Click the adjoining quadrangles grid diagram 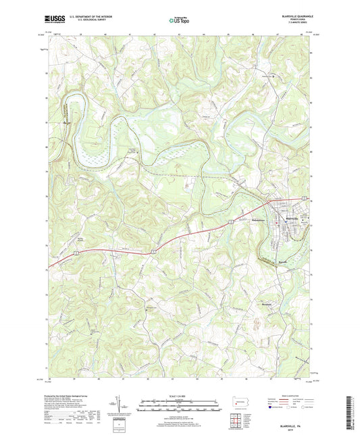238,421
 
